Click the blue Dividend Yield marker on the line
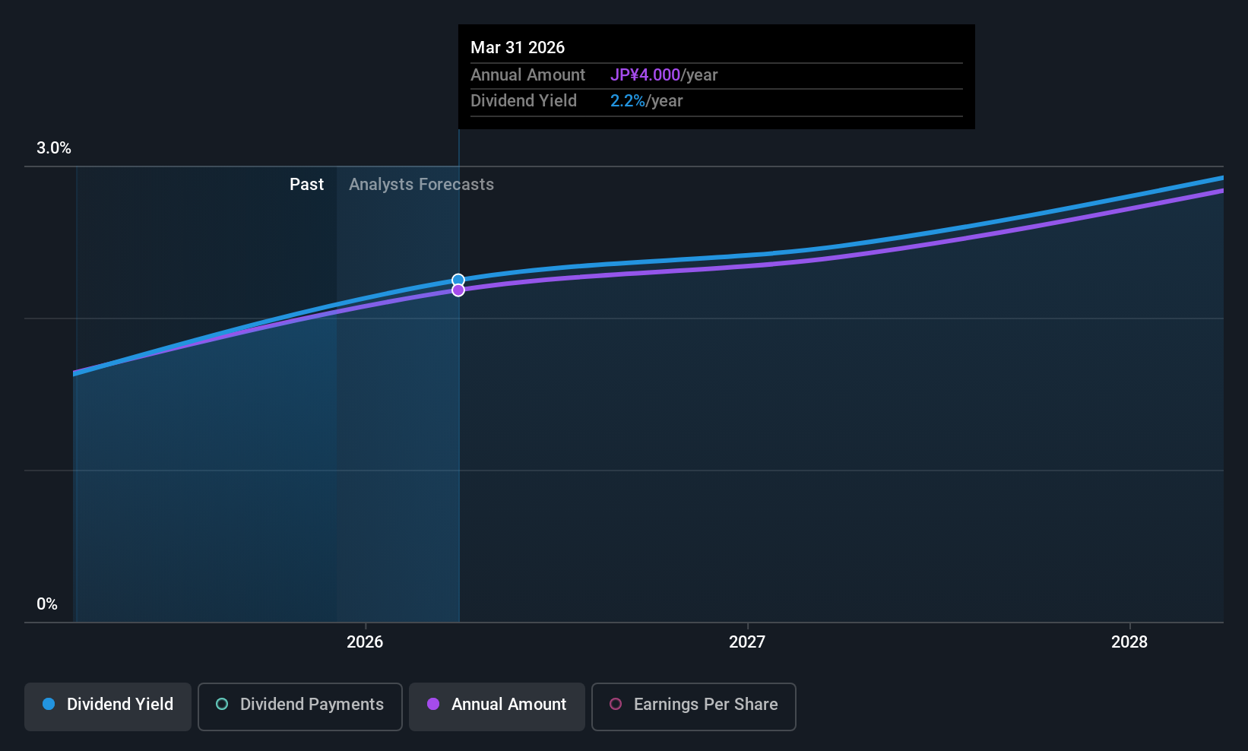click(x=458, y=280)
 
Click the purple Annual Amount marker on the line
click(x=458, y=290)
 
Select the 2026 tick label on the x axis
click(x=365, y=642)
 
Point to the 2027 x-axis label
click(x=747, y=642)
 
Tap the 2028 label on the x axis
click(x=1129, y=642)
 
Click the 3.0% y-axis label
click(x=54, y=148)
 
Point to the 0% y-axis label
click(x=47, y=604)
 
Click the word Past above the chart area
click(x=306, y=185)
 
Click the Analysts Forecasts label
click(x=421, y=185)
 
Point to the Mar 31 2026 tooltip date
click(x=518, y=47)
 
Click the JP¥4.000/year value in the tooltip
click(x=664, y=75)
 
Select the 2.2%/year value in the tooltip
click(x=646, y=101)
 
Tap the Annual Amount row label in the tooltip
click(x=527, y=75)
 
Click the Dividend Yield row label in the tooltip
click(x=524, y=101)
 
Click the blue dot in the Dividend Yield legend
click(x=49, y=704)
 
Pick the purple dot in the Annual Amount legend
click(x=433, y=704)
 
